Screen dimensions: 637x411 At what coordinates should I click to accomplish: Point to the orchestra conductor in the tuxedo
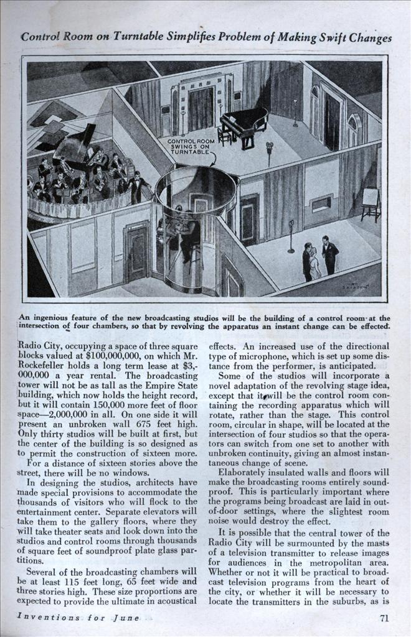[137, 187]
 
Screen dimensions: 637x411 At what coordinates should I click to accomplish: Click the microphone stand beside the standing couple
[290, 236]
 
